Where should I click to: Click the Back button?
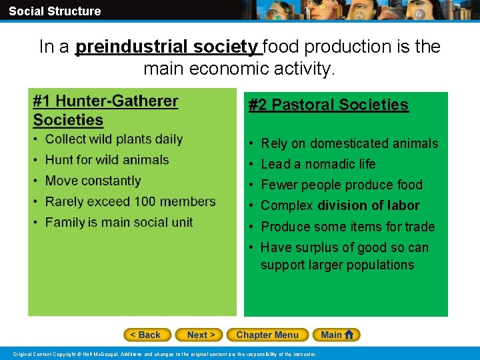point(147,335)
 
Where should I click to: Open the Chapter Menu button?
point(267,335)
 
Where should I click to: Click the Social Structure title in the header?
point(55,11)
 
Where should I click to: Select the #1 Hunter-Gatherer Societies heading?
point(105,111)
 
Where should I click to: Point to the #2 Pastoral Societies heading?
point(328,105)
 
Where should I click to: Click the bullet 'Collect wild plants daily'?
point(113,139)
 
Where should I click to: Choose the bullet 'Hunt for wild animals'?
point(107,160)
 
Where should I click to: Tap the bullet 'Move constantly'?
point(93,181)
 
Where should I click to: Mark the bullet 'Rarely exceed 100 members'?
point(130,201)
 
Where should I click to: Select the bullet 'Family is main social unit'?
point(119,222)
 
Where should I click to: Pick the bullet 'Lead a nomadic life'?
point(318,164)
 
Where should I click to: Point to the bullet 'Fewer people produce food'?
point(341,185)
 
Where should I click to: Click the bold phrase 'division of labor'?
point(369,205)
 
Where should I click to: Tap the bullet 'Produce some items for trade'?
point(347,227)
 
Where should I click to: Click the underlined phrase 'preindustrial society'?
point(167,47)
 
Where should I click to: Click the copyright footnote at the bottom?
point(165,353)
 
